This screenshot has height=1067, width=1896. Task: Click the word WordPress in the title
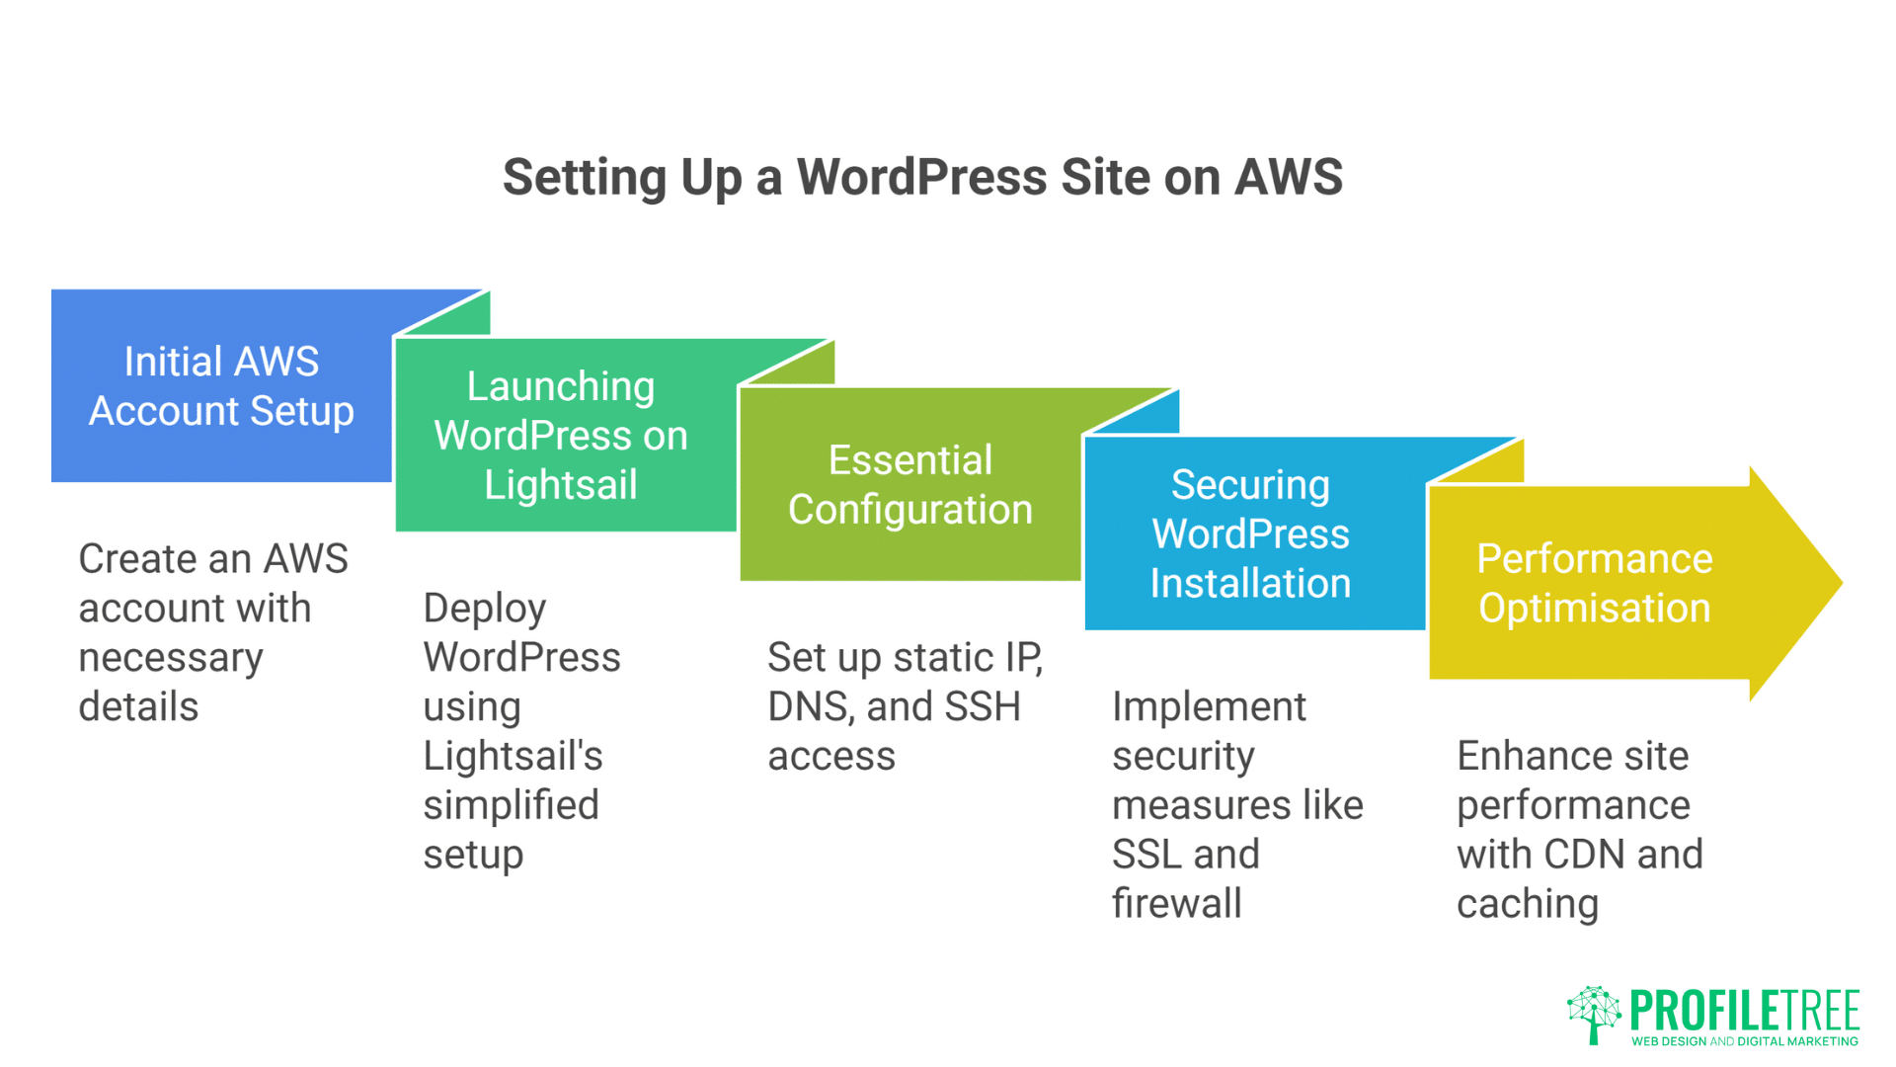pos(921,178)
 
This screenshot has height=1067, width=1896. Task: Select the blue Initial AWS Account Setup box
pos(221,386)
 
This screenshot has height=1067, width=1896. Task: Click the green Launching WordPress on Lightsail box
pos(561,436)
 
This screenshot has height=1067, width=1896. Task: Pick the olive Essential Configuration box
pos(909,485)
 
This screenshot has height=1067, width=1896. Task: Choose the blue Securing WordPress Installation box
pos(1250,534)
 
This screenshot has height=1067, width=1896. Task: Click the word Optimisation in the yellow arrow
pos(1594,609)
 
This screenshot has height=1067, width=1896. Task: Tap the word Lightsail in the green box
pos(561,485)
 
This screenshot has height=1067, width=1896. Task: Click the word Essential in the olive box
pos(909,460)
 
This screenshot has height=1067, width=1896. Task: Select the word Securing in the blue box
pos(1250,485)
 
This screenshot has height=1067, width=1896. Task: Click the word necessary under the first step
pos(171,658)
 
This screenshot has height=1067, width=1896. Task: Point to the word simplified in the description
pos(511,805)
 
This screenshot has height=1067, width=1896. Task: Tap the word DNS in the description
pos(809,707)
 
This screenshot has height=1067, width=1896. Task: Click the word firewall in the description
pos(1176,904)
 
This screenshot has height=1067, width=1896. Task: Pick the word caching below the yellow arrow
pos(1527,904)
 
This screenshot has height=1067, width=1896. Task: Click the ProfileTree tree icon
pos(1593,1014)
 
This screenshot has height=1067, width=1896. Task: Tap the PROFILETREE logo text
pos(1744,1010)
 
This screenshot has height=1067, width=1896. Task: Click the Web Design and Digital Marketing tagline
pos(1744,1041)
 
